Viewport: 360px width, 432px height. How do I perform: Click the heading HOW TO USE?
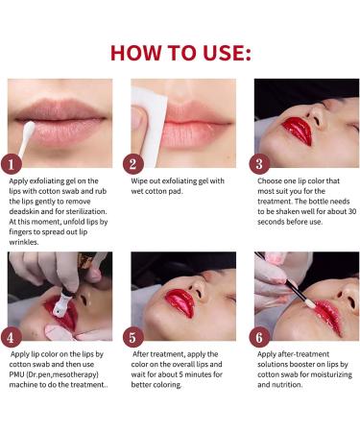pos(180,51)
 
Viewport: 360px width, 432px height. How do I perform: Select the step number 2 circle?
pos(135,163)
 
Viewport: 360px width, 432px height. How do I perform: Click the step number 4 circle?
pos(12,337)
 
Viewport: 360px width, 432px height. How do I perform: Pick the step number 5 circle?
pos(135,337)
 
